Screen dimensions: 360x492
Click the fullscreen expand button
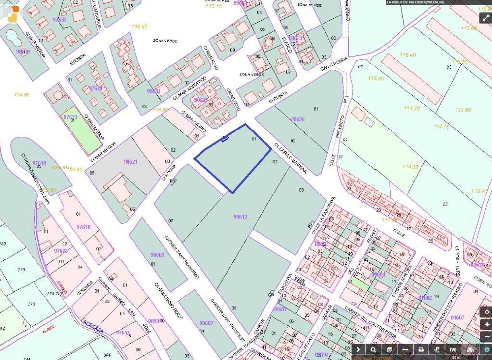[485, 18]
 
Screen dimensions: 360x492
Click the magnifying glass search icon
[373, 349]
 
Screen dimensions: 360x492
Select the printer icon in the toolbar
[421, 349]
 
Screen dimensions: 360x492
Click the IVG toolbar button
[453, 349]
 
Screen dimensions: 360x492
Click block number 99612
[240, 217]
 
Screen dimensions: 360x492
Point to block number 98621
[131, 162]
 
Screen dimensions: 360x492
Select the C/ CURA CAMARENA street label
[291, 158]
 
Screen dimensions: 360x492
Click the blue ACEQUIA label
[93, 327]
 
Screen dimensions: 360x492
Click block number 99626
[298, 119]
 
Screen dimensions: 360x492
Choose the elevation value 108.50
[139, 27]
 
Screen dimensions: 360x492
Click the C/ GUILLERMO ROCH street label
[168, 301]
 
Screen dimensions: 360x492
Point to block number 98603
[157, 255]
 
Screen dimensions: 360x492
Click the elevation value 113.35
[410, 167]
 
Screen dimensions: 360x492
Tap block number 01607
[457, 317]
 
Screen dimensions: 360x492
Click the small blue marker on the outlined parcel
[225, 139]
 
